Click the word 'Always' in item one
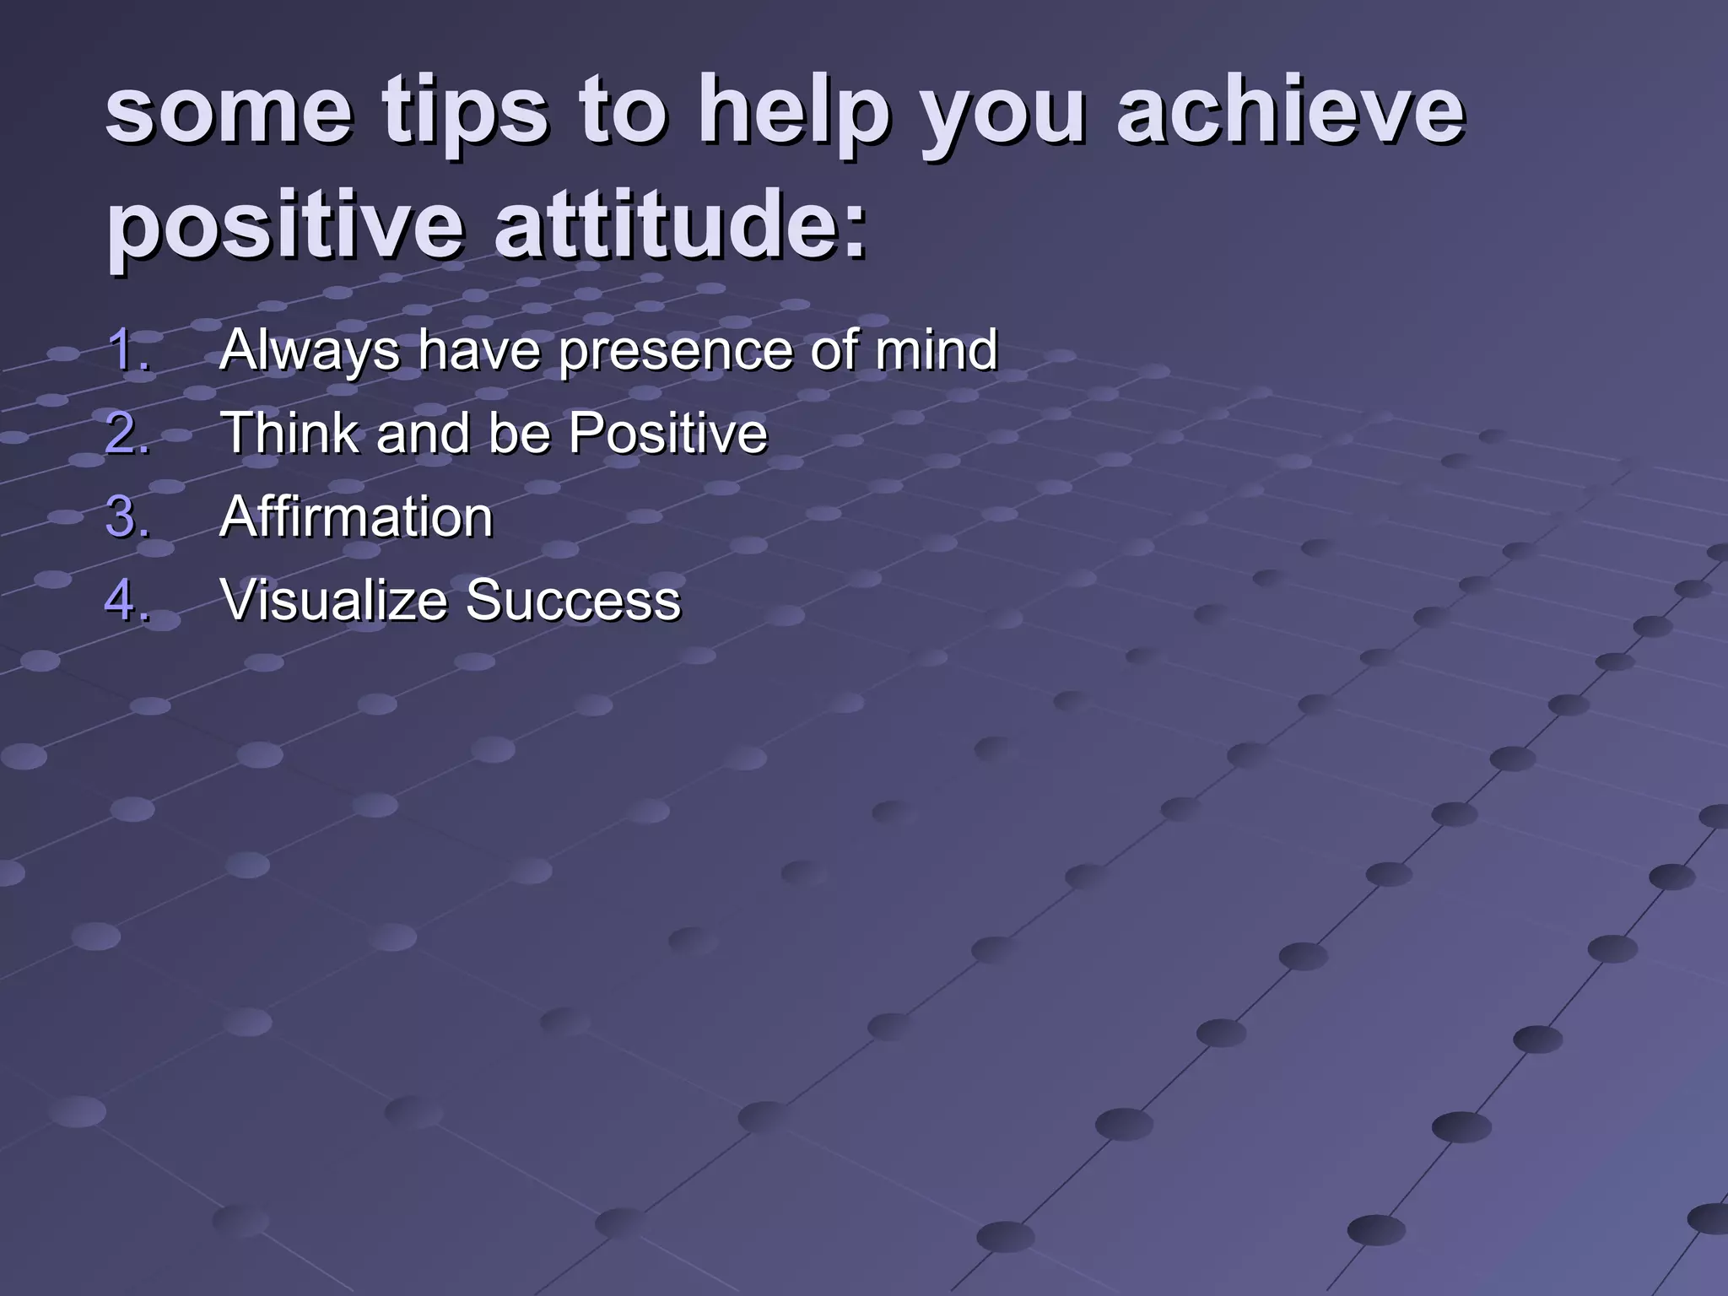309,349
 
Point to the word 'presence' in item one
674,349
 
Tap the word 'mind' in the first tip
937,349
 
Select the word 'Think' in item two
291,433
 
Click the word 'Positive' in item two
667,433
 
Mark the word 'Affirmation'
356,516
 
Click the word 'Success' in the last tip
573,600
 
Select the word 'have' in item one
479,349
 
